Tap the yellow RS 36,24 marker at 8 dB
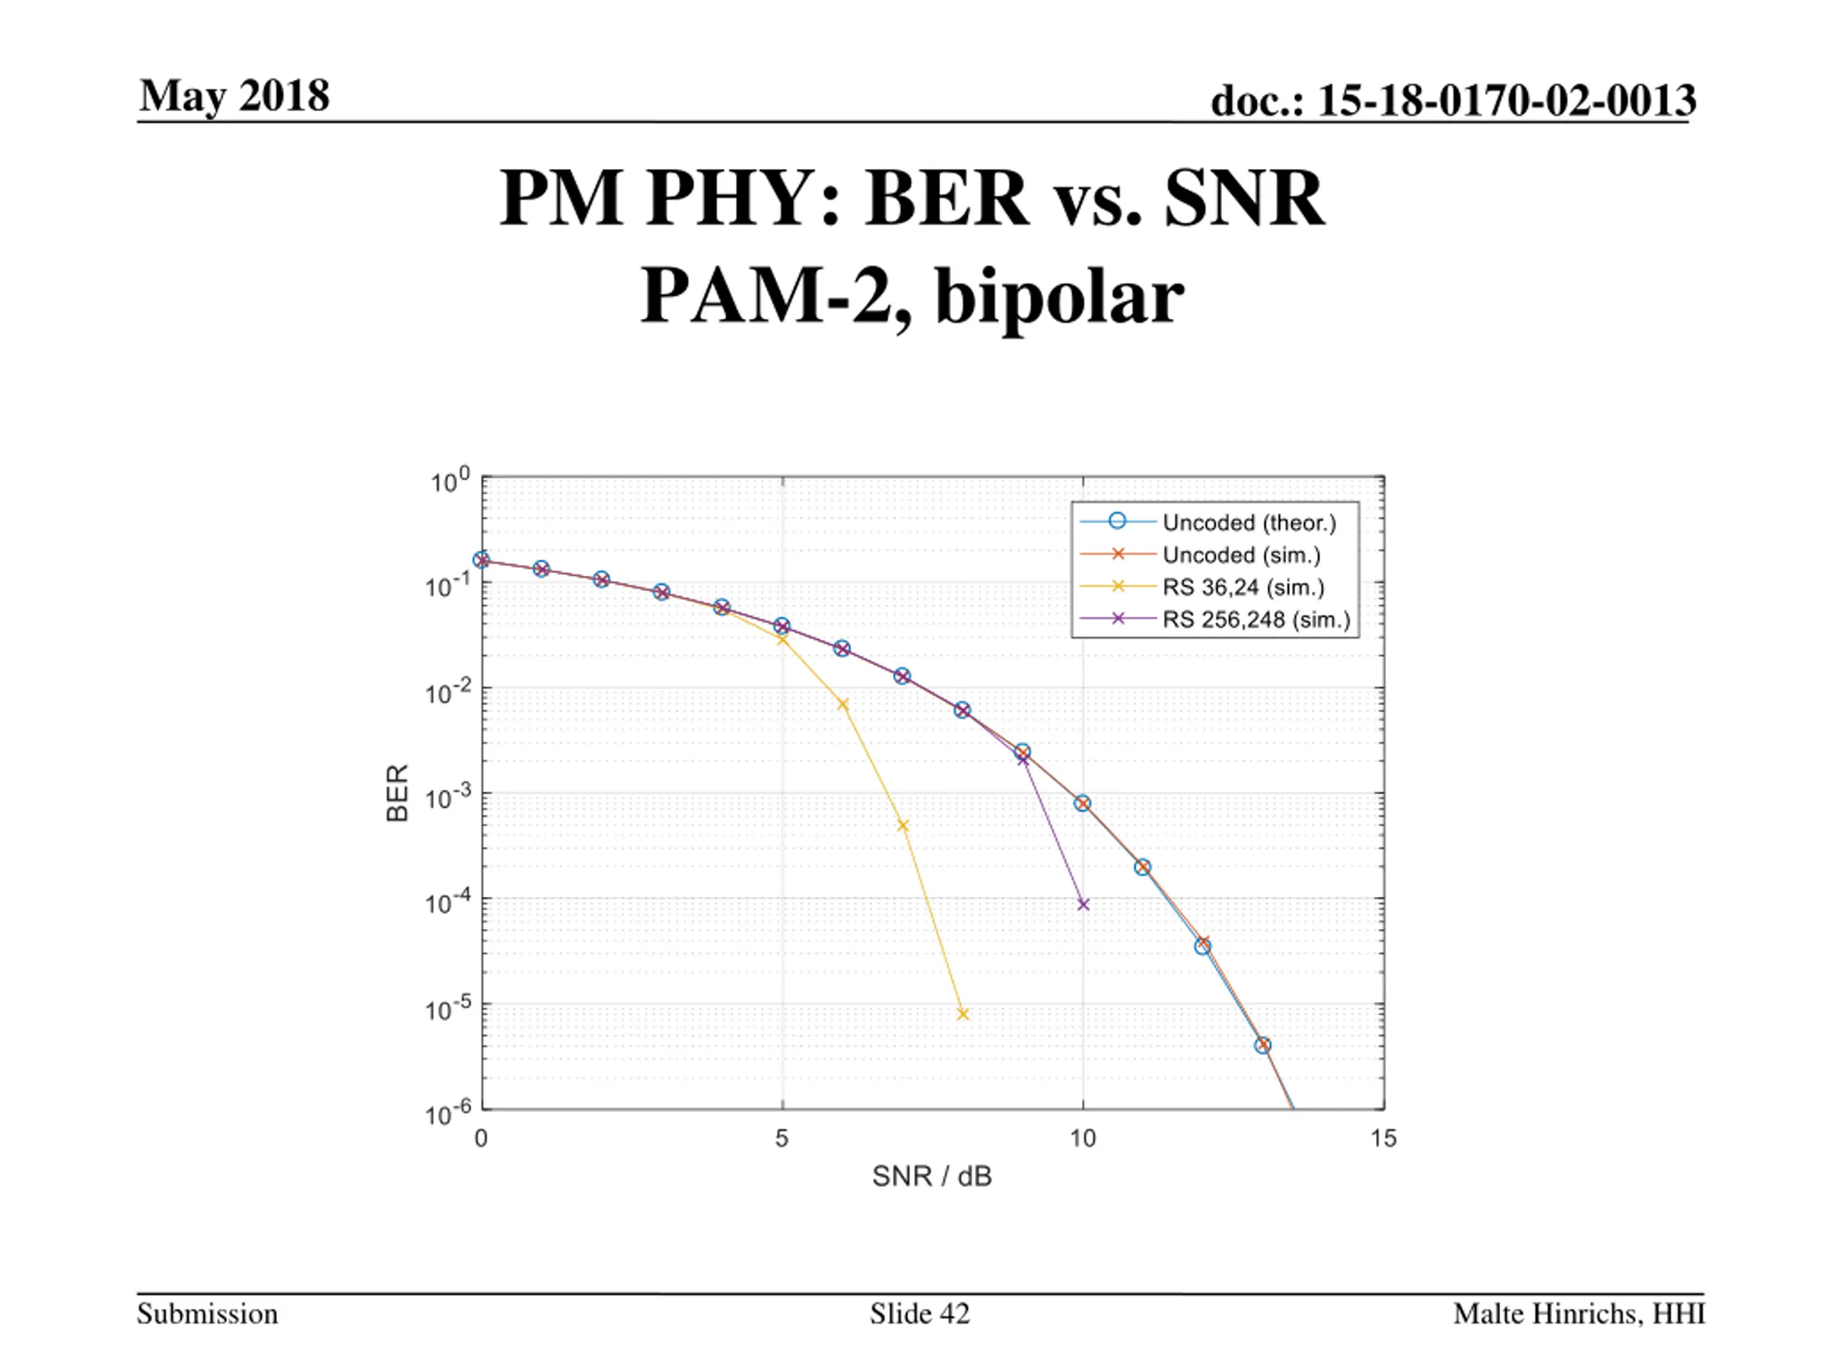962,1014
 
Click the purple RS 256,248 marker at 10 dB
1083,904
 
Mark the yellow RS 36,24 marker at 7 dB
902,826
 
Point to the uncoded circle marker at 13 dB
1263,1045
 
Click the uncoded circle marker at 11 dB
1143,867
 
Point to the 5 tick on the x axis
782,1139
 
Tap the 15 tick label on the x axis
1384,1139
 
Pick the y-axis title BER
398,793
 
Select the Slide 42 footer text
919,1314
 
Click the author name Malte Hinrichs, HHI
1578,1314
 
